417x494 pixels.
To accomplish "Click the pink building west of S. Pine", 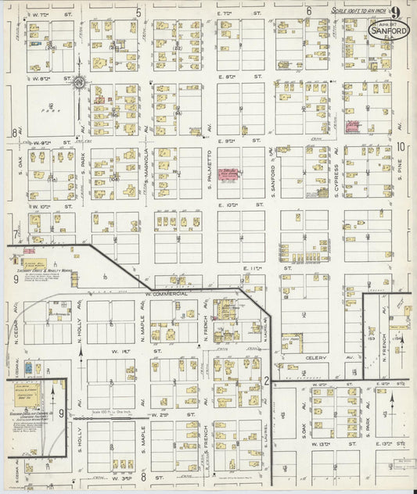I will pos(351,126).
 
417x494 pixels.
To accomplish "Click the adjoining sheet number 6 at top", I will pos(309,12).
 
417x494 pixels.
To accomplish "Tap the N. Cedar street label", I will pos(16,319).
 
